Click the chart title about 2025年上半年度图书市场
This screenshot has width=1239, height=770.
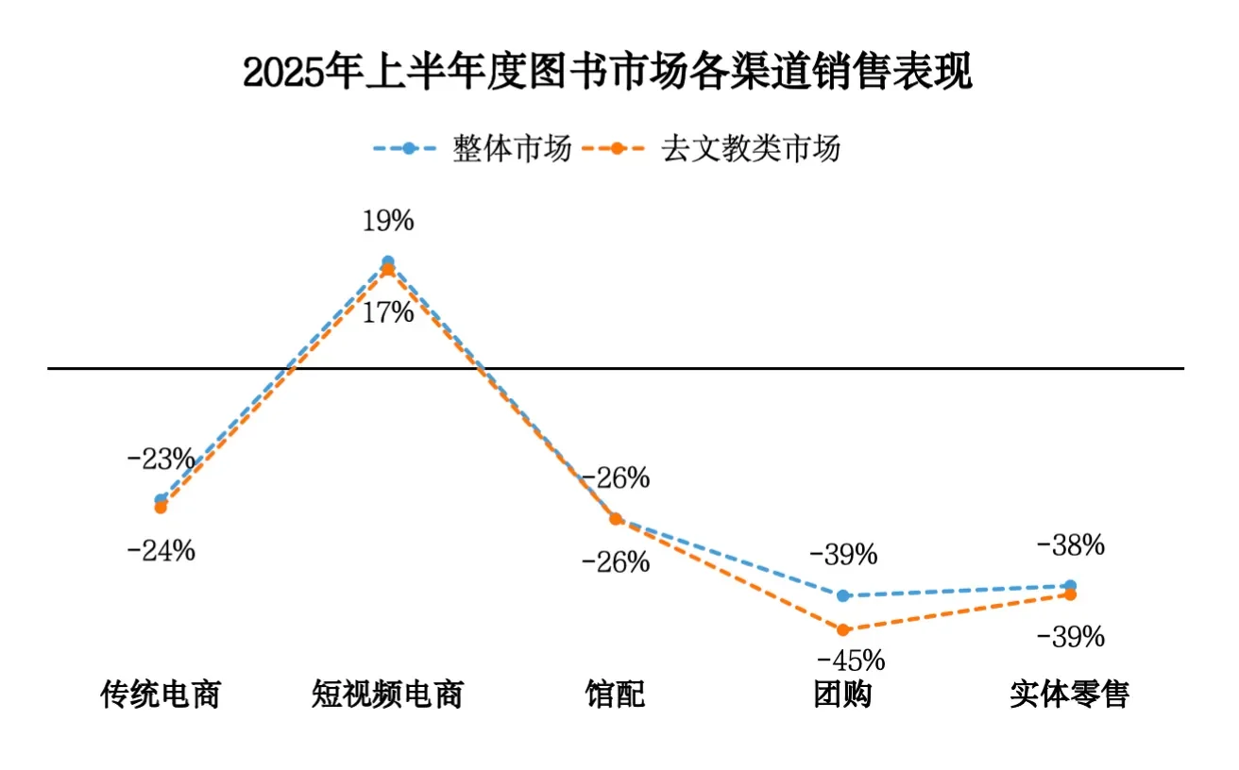click(607, 74)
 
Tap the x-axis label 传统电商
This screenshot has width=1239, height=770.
click(161, 695)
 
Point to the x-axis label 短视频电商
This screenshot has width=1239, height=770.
click(387, 695)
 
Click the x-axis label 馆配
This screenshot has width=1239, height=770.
click(615, 695)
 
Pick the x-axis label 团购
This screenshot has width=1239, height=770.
click(842, 695)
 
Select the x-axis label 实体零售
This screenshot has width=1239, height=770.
click(1069, 695)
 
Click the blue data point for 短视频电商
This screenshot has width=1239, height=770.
click(388, 261)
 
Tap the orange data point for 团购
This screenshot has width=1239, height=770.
click(843, 629)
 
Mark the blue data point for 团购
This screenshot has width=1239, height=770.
click(843, 595)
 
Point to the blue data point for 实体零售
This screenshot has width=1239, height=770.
click(1070, 585)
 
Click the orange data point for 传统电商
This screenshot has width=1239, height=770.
click(161, 508)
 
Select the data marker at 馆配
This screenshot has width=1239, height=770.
click(616, 518)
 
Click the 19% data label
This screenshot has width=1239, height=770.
click(388, 222)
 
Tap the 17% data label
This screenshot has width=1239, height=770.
click(388, 312)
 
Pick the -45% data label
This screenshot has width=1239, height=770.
click(851, 658)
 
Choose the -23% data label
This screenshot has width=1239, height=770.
click(161, 460)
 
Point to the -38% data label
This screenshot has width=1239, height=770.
click(1070, 545)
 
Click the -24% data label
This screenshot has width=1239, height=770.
click(161, 550)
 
